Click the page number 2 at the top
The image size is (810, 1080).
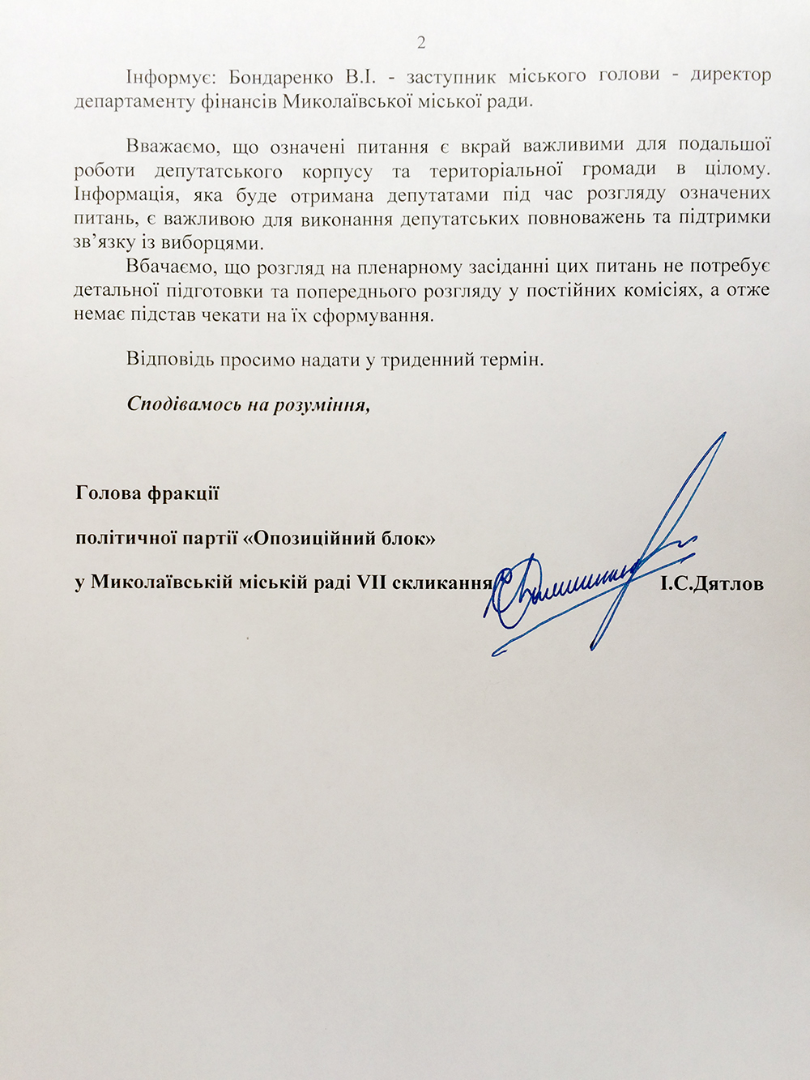click(x=421, y=43)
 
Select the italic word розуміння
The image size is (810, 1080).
click(x=322, y=403)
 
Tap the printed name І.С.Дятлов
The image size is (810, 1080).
click(x=712, y=583)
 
